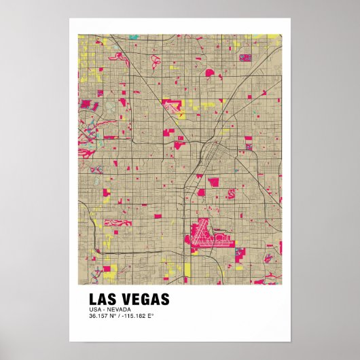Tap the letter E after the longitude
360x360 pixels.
pos(151,316)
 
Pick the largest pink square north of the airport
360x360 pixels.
pos(213,181)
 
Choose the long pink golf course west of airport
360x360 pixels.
pos(120,223)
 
